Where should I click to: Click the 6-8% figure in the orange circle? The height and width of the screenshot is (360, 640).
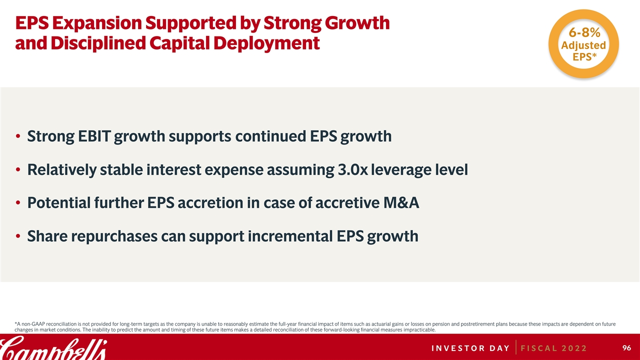[584, 32]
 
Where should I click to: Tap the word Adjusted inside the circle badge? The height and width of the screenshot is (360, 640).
[583, 45]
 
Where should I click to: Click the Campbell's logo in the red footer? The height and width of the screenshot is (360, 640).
[53, 348]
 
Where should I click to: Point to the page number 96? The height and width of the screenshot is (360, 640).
[626, 347]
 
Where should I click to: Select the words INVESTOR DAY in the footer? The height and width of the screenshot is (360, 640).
[470, 348]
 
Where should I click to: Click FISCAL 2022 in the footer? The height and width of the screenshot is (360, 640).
[553, 348]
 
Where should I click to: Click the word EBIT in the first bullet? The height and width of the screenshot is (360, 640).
[94, 136]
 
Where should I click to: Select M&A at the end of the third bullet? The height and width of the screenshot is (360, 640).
[401, 202]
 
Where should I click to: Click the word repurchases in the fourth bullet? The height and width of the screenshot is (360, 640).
[114, 237]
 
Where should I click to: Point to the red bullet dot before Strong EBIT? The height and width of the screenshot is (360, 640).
[18, 136]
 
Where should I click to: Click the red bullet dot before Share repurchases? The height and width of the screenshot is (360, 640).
[18, 236]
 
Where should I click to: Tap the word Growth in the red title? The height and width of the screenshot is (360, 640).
[357, 23]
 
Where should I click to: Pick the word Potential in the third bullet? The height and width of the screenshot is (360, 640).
[59, 202]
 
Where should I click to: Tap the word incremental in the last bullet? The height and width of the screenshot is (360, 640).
[290, 236]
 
